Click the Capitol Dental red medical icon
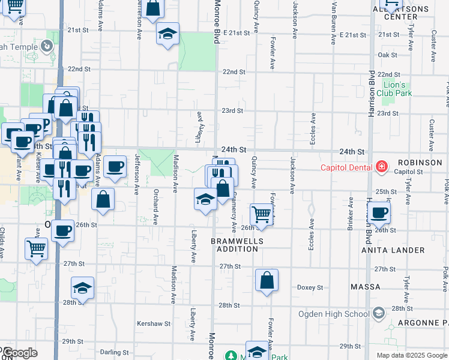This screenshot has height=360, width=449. (x=380, y=167)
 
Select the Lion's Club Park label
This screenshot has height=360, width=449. (x=397, y=89)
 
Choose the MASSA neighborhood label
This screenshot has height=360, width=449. (x=366, y=287)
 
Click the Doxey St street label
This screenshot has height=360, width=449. (x=310, y=287)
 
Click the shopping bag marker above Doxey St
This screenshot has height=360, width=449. (x=267, y=281)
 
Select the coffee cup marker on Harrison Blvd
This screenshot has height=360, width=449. (x=379, y=212)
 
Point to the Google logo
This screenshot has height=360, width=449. (x=20, y=353)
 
